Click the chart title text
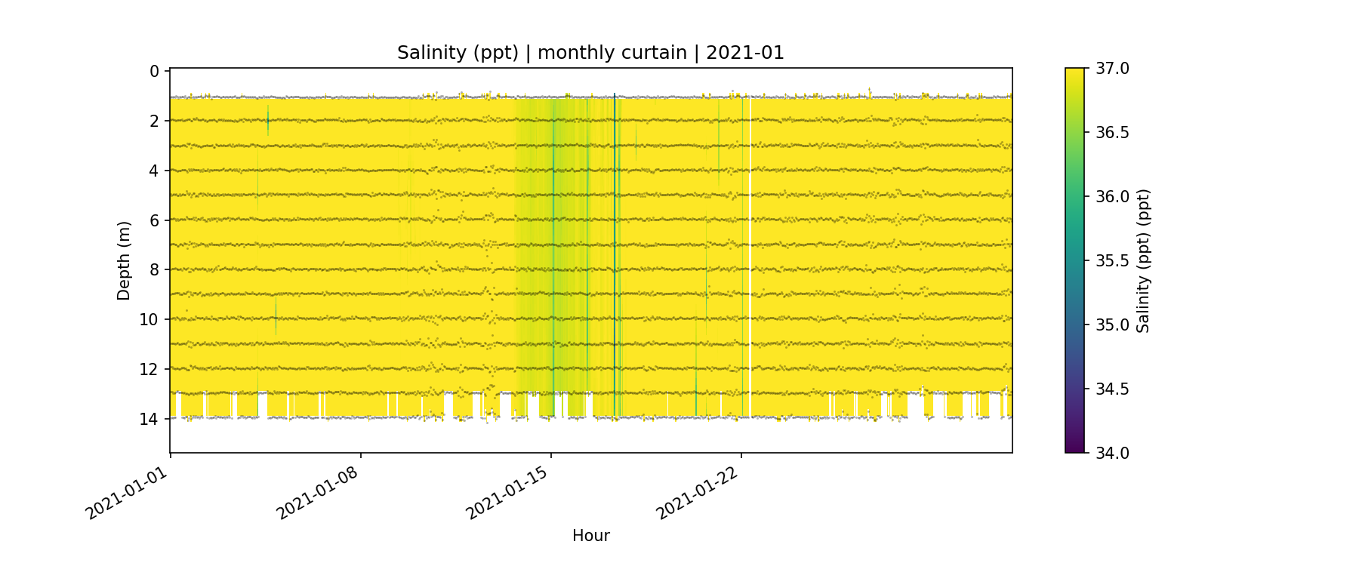(x=590, y=53)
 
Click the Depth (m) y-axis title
(x=124, y=260)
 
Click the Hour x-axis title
(x=590, y=536)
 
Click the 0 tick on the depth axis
(x=154, y=72)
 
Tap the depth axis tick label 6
(x=154, y=220)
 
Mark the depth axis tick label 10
(x=149, y=319)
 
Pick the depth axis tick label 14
(x=149, y=419)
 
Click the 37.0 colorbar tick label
(x=1112, y=69)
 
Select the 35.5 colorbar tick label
(x=1112, y=261)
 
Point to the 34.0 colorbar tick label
(x=1112, y=453)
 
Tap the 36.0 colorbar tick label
(x=1112, y=197)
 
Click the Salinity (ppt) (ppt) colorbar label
(x=1143, y=260)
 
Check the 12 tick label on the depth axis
(x=149, y=369)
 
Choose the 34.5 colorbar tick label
(x=1112, y=389)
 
